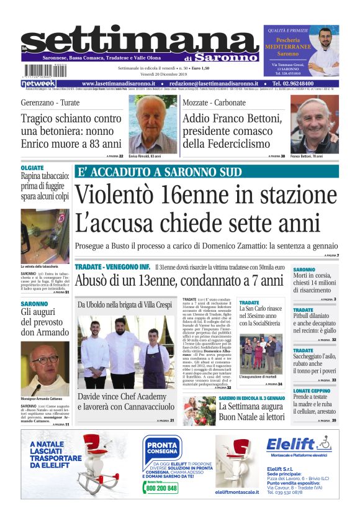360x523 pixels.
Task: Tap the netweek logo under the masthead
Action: (38, 83)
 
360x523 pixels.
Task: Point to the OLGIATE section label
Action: (32, 168)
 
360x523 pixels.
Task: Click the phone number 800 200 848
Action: (163, 489)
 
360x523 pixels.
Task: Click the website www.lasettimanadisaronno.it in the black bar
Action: (119, 83)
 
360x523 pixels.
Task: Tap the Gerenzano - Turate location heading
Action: (50, 101)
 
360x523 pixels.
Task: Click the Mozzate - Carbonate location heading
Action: (214, 101)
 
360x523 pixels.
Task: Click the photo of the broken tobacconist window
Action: (45, 235)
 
